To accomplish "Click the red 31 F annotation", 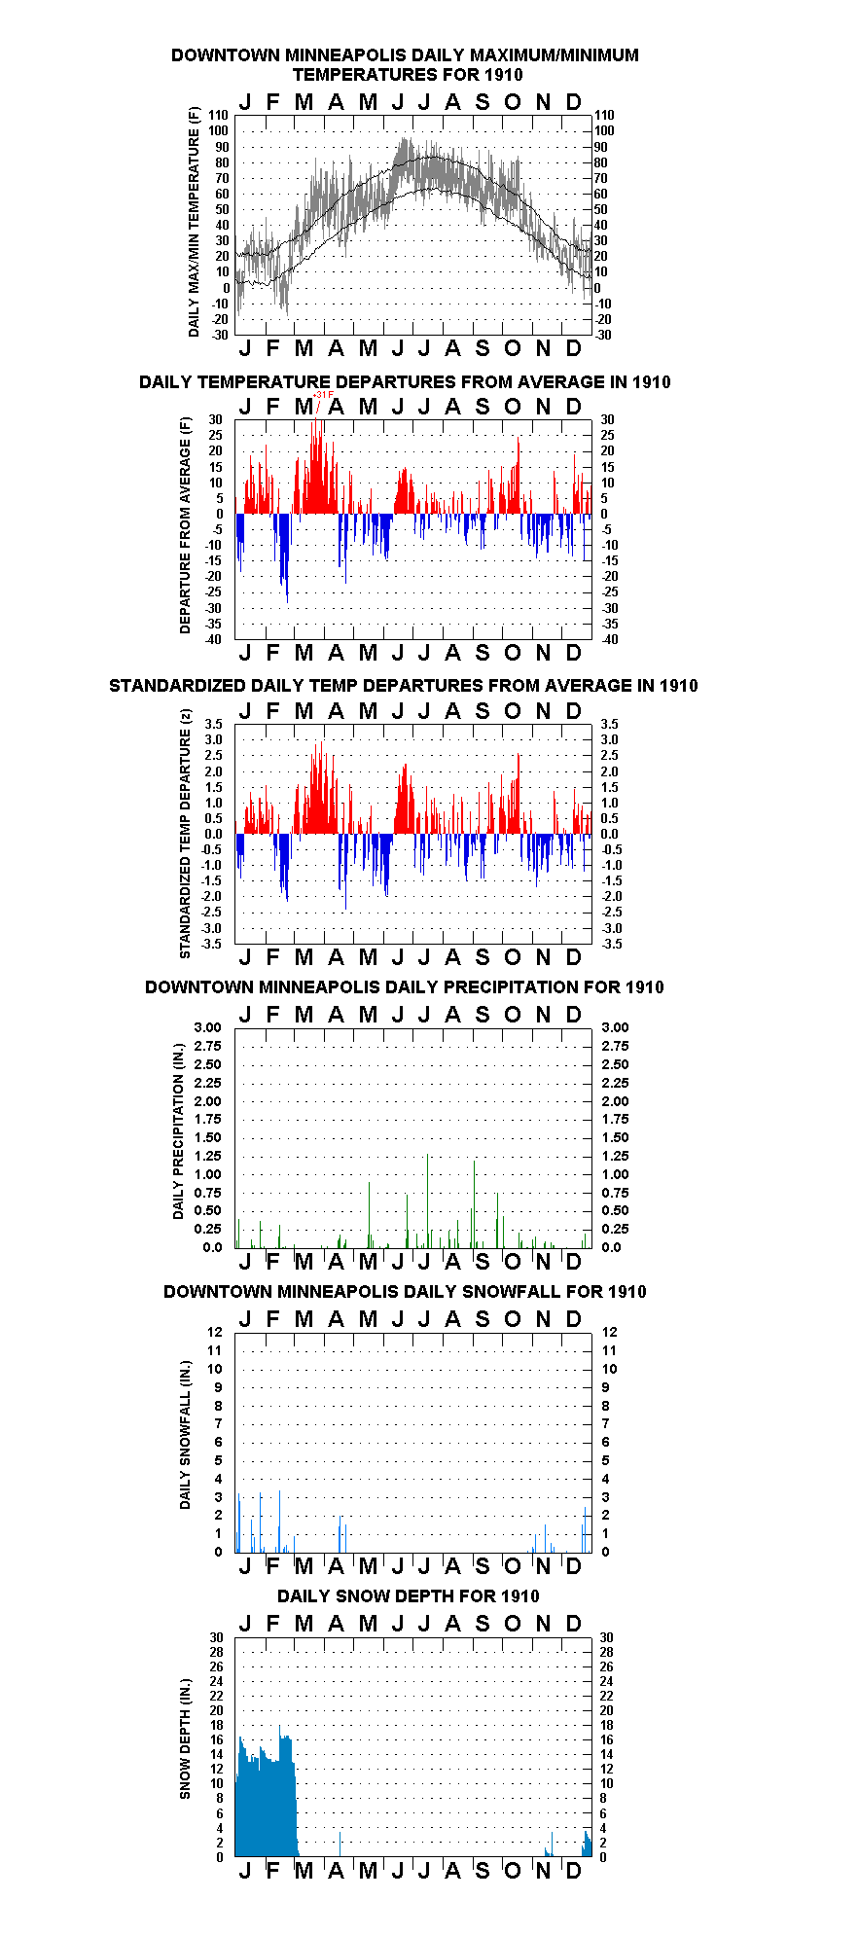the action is pos(324,394).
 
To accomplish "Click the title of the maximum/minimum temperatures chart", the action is pos(406,64).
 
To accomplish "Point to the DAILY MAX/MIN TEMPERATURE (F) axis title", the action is pos(194,222).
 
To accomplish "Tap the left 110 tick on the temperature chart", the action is pos(219,115).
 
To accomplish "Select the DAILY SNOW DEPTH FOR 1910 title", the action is pos(409,1595).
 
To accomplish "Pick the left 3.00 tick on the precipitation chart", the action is pos(208,1027).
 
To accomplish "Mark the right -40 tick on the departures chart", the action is pos(609,639).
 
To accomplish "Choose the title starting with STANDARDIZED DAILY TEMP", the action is pos(404,686).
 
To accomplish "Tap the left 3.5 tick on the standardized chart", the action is pos(214,724).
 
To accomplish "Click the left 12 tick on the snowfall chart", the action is pos(215,1332).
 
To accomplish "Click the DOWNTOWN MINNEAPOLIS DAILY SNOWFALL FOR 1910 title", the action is pos(405,1292).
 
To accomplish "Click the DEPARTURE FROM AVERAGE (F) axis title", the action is pos(185,525).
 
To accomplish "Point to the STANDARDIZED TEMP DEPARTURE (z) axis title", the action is pos(185,833).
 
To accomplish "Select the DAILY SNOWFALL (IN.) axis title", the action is pos(185,1434).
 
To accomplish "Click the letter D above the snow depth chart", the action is pos(574,1624).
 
